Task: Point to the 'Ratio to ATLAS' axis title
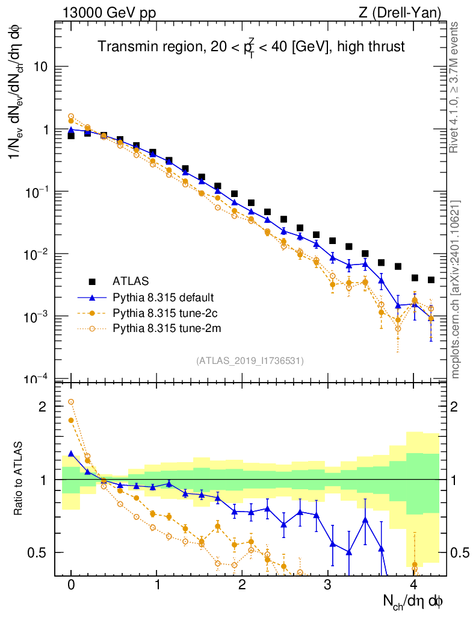(x=18, y=479)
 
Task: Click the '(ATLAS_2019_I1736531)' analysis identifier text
(x=250, y=361)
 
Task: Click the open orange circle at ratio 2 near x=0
(x=71, y=401)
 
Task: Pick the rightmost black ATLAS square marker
(x=431, y=280)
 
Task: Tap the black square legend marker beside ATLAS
(x=92, y=281)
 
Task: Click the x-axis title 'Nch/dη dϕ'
(x=413, y=600)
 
